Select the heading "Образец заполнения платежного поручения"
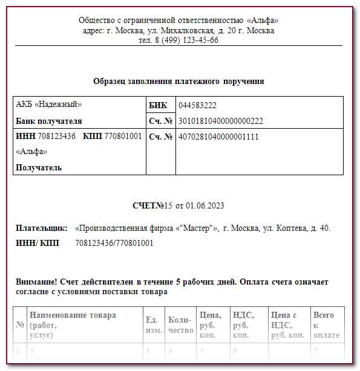[x=178, y=81]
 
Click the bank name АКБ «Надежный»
[x=48, y=105]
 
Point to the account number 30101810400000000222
[x=221, y=121]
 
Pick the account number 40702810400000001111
[x=218, y=137]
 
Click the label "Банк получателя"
[x=49, y=121]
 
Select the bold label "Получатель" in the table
[x=39, y=167]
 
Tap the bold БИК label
[x=158, y=105]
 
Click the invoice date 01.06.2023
[x=205, y=206]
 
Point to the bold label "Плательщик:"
[x=42, y=228]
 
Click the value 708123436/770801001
[x=114, y=244]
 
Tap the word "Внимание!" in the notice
[x=37, y=282]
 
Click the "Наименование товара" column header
[x=73, y=315]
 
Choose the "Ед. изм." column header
[x=152, y=325]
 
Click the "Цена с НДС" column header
[x=287, y=325]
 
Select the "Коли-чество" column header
[x=180, y=325]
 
